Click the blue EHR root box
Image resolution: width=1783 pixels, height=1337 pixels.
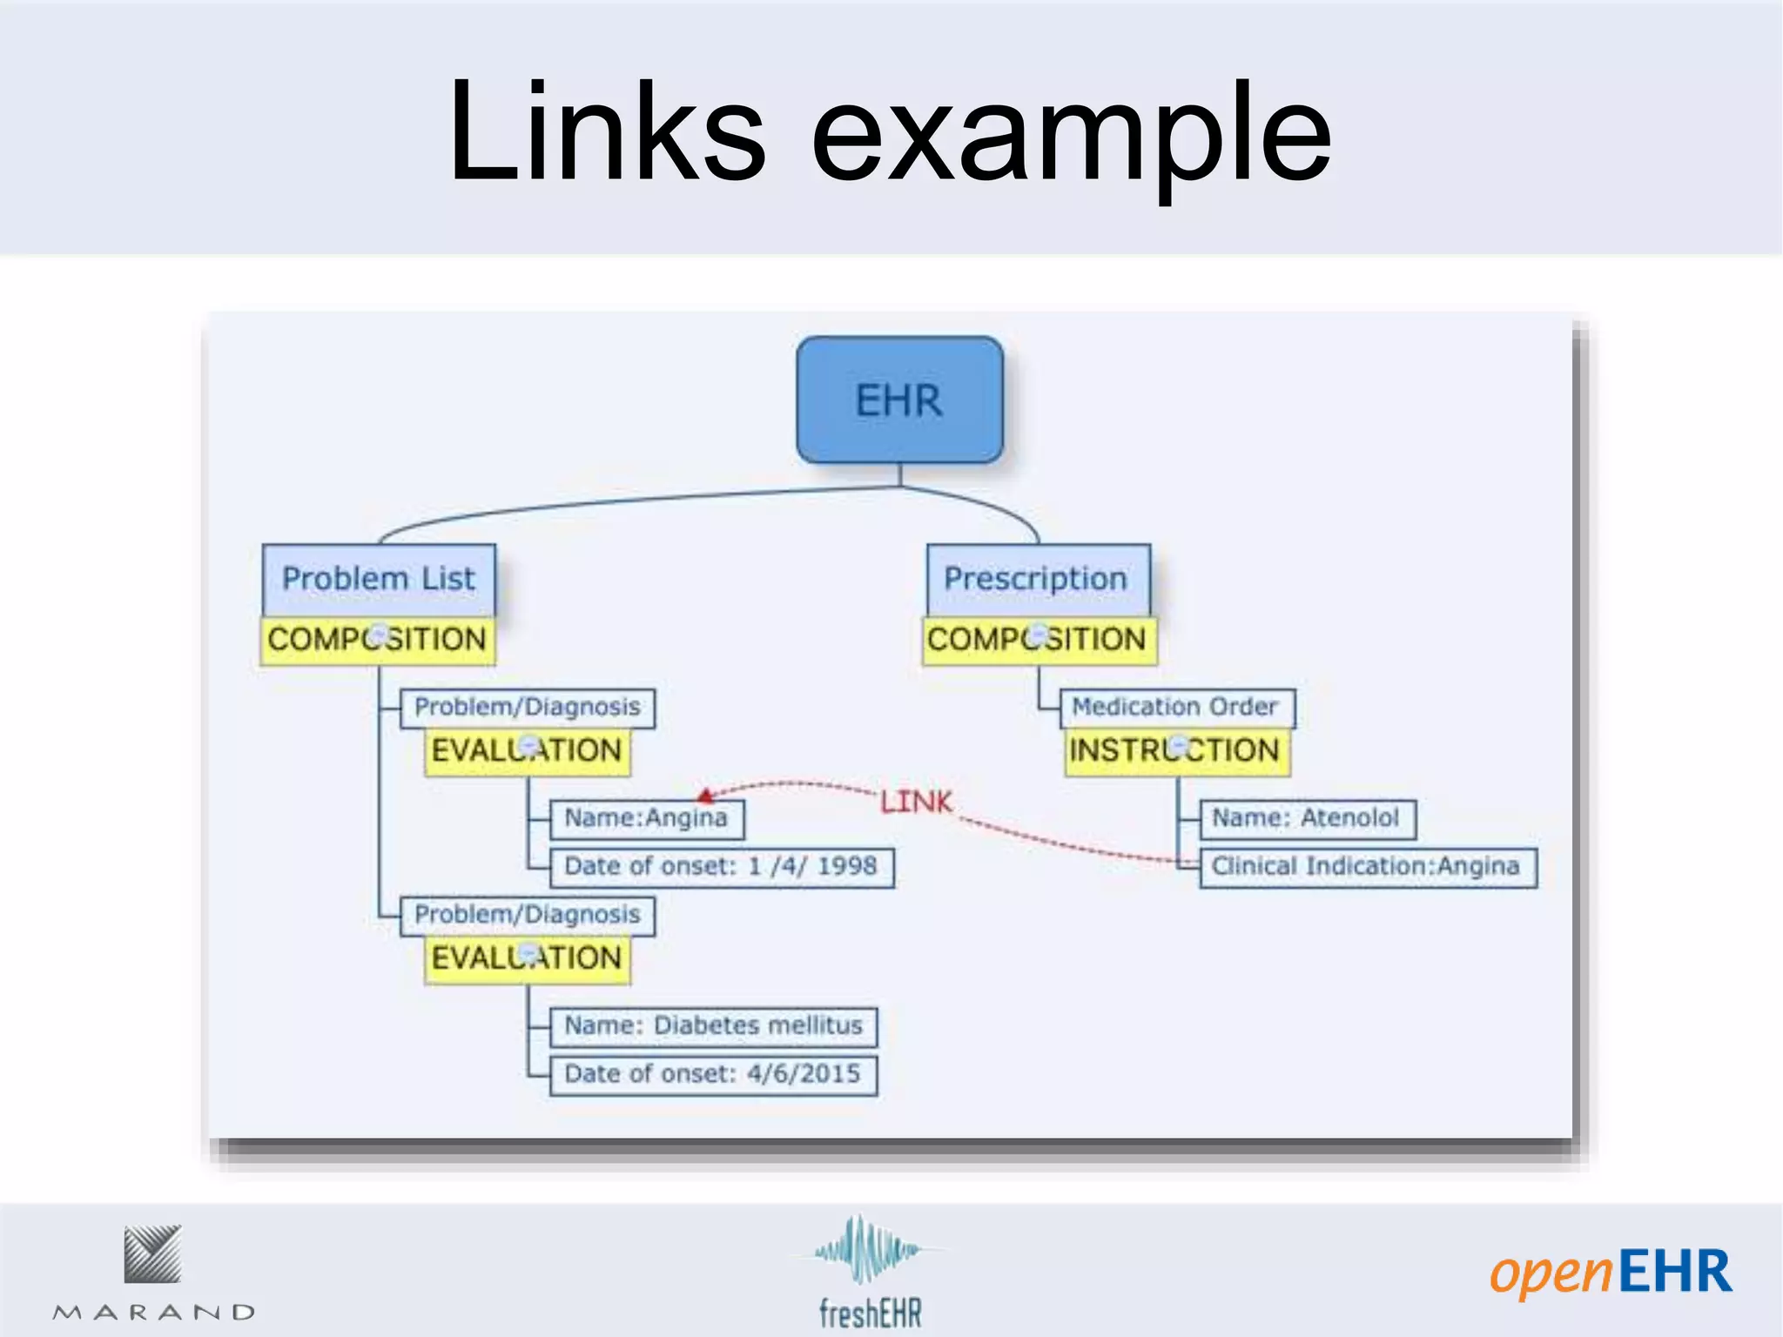click(x=899, y=400)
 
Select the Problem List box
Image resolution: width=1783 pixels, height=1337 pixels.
click(x=379, y=579)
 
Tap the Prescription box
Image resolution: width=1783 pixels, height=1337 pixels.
click(x=1037, y=579)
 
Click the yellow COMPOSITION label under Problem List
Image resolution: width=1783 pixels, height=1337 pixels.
click(x=377, y=640)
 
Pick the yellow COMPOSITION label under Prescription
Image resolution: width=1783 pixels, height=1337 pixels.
click(x=1039, y=640)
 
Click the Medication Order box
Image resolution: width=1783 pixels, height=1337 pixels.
click(x=1176, y=707)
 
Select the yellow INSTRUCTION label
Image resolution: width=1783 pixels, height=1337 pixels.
click(x=1176, y=750)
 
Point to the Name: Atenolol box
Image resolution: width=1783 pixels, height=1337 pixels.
click(x=1306, y=818)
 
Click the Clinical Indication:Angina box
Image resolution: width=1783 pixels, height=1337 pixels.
click(x=1367, y=867)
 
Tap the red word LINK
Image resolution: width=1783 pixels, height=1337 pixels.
click(x=916, y=802)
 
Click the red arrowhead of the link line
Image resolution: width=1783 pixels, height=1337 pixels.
click(x=706, y=795)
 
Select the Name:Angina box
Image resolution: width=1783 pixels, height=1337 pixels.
click(x=647, y=818)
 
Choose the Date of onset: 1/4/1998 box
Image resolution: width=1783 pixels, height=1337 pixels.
click(x=721, y=867)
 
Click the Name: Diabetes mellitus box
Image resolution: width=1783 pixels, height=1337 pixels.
click(x=713, y=1026)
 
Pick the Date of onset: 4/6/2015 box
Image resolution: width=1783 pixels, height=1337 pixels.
click(x=713, y=1074)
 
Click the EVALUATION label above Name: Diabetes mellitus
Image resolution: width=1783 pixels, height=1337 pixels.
click(x=527, y=958)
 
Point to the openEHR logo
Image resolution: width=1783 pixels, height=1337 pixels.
click(x=1611, y=1273)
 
